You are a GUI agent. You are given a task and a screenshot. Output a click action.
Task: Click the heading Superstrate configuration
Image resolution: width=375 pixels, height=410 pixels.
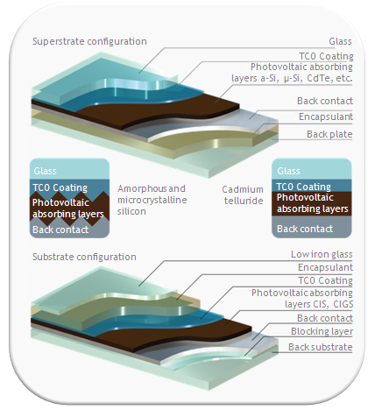[x=89, y=41]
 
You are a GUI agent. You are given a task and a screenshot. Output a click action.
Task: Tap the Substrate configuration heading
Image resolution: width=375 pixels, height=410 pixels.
[x=84, y=257]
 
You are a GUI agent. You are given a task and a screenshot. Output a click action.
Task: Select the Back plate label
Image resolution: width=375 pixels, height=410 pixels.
[x=329, y=134]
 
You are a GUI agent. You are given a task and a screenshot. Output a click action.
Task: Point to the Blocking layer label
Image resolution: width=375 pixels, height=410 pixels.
[x=322, y=331]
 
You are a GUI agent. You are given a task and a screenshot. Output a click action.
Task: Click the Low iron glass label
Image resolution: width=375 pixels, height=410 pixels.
[x=322, y=254]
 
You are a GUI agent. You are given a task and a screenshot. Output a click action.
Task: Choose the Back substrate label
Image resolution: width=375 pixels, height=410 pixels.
[x=321, y=347]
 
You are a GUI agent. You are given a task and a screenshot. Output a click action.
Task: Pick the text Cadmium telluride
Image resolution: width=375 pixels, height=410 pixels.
[x=243, y=194]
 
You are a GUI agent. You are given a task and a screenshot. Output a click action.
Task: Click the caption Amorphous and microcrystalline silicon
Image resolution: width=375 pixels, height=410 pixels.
[x=152, y=200]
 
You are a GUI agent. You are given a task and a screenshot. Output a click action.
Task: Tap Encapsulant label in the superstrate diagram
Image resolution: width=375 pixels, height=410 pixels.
[x=326, y=117]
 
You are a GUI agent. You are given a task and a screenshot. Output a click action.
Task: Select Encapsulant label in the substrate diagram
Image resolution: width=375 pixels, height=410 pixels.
[x=325, y=267]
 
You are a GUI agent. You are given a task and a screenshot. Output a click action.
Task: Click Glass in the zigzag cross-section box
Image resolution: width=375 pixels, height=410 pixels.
[x=45, y=171]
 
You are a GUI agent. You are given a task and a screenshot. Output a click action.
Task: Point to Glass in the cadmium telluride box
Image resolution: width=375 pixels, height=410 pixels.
[x=288, y=171]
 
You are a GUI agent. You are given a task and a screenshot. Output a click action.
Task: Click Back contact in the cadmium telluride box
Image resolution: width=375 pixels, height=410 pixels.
[x=305, y=229]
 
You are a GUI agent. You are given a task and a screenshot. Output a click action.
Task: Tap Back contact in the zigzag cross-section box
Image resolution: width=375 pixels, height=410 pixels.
[x=60, y=230]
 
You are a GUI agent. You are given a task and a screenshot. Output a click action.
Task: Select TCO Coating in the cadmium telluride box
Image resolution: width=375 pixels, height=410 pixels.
[x=303, y=187]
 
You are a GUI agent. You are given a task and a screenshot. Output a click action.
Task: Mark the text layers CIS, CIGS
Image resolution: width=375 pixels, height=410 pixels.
[x=319, y=304]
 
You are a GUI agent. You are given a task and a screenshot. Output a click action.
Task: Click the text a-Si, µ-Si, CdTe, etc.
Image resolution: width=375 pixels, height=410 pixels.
[x=307, y=78]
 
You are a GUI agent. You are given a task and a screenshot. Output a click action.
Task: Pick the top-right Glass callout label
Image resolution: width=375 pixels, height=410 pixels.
[x=340, y=41]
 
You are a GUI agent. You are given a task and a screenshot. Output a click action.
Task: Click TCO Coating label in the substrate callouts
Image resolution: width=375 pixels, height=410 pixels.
[x=325, y=280]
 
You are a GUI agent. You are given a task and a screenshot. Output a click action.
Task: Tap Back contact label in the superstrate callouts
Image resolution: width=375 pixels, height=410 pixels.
[x=325, y=101]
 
